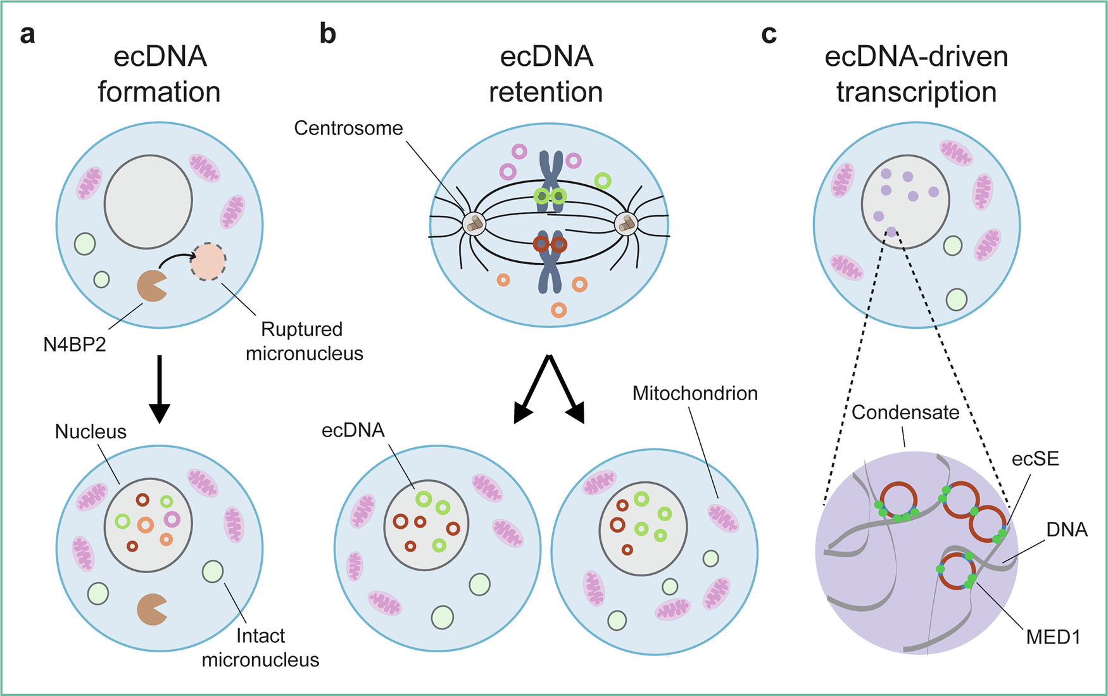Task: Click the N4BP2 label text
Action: pos(74,345)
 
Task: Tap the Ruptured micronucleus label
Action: pos(304,341)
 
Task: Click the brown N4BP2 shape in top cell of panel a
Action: pos(151,286)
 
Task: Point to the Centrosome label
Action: pos(348,129)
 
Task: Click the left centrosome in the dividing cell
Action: pos(474,224)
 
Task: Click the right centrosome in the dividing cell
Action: pos(626,224)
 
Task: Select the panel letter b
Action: pos(327,34)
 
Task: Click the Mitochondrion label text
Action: pos(695,393)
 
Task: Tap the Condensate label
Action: pos(905,413)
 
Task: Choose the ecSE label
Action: pos(1035,459)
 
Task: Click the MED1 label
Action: pos(1053,637)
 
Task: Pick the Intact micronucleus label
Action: pos(260,648)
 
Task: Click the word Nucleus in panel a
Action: pos(91,432)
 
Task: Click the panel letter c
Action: pos(769,34)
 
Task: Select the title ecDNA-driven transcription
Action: pos(916,74)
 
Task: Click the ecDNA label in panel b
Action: pos(353,431)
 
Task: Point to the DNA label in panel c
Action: pos(1066,529)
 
